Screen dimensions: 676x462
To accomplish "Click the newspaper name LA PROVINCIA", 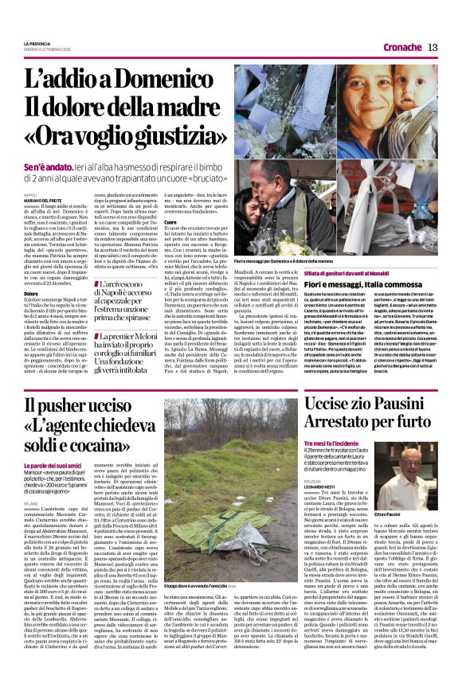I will click(37, 43).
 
